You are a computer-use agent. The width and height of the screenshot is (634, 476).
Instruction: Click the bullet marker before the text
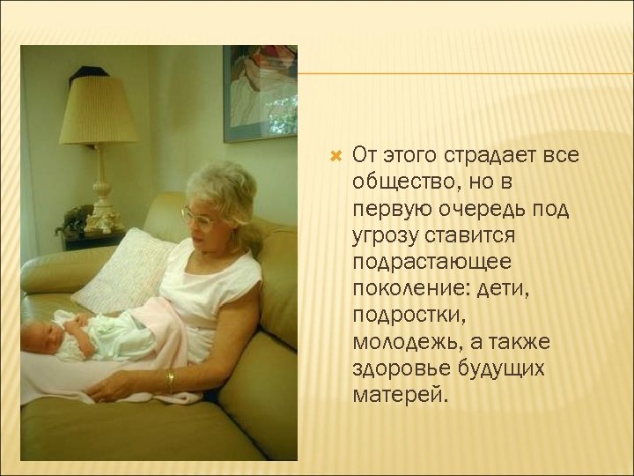334,156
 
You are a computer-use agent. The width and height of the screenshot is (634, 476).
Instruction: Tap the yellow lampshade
98,111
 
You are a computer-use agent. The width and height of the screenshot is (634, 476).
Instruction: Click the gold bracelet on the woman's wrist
169,381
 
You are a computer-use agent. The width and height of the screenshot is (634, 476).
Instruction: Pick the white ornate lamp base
100,198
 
